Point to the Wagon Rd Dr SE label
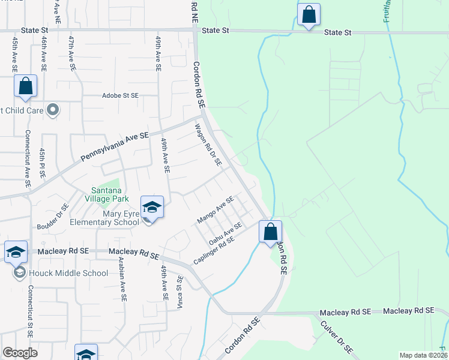tap(208, 145)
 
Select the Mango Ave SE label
tap(215, 210)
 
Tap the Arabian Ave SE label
tap(124, 280)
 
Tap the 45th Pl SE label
tap(42, 163)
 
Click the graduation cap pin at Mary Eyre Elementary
tap(152, 208)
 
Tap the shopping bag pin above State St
tap(309, 14)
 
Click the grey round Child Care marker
tap(53, 110)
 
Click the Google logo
tap(20, 353)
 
